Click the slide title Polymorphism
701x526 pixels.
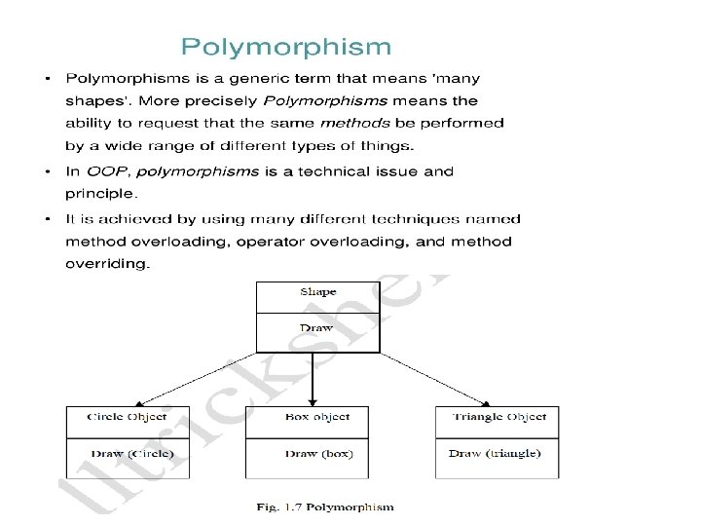(x=285, y=46)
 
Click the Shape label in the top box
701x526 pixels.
(x=317, y=291)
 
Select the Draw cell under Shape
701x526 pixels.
(x=317, y=327)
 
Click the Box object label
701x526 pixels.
(x=317, y=417)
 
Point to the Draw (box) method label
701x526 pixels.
(x=317, y=453)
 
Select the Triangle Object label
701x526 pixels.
(x=499, y=417)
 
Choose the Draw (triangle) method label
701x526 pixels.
(x=495, y=453)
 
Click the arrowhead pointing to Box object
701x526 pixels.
(x=313, y=399)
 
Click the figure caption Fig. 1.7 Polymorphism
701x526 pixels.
(x=325, y=507)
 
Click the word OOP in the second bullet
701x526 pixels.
(x=109, y=171)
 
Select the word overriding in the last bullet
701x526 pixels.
(x=107, y=264)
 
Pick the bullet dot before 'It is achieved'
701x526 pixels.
(x=48, y=218)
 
